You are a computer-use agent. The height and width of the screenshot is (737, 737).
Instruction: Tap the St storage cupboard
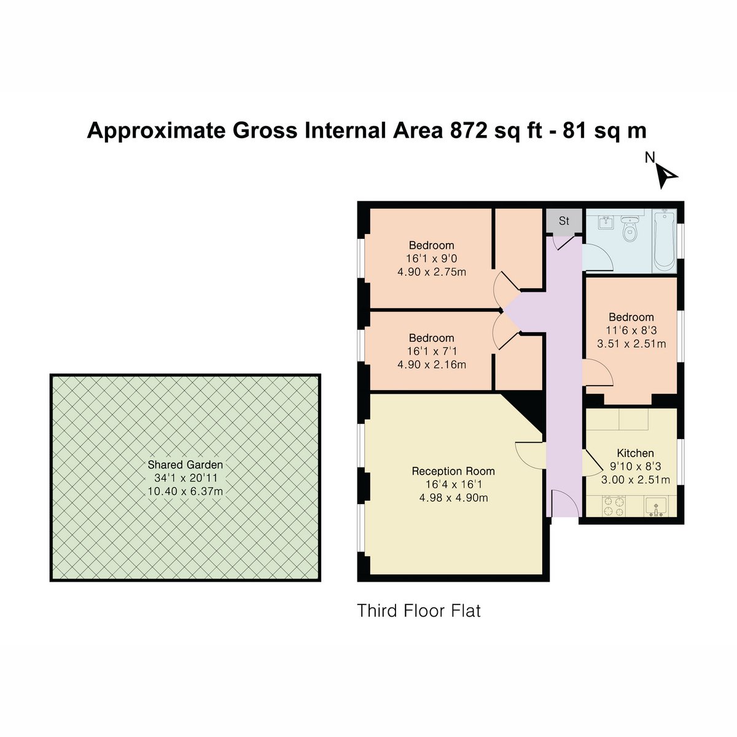[564, 220]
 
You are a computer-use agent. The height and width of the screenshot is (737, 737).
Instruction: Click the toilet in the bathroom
[628, 228]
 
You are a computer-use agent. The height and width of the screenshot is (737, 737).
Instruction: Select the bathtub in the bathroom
[665, 241]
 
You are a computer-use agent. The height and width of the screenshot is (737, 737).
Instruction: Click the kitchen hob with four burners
[614, 505]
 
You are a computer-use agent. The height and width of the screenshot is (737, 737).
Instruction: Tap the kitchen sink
[656, 506]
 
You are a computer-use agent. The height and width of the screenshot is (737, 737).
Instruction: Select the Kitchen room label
[635, 453]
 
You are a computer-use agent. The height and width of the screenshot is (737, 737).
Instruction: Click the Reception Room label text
[453, 471]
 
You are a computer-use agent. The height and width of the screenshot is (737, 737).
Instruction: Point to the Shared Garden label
[185, 465]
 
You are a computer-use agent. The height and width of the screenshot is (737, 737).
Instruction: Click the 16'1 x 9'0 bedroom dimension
[431, 259]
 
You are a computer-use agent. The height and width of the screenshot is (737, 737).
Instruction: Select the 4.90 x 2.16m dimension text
[432, 364]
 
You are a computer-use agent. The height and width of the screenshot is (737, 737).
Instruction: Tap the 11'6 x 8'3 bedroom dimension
[631, 330]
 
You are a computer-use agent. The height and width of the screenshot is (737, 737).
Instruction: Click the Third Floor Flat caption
[418, 610]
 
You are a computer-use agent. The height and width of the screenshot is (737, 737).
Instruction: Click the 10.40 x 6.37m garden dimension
[185, 491]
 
